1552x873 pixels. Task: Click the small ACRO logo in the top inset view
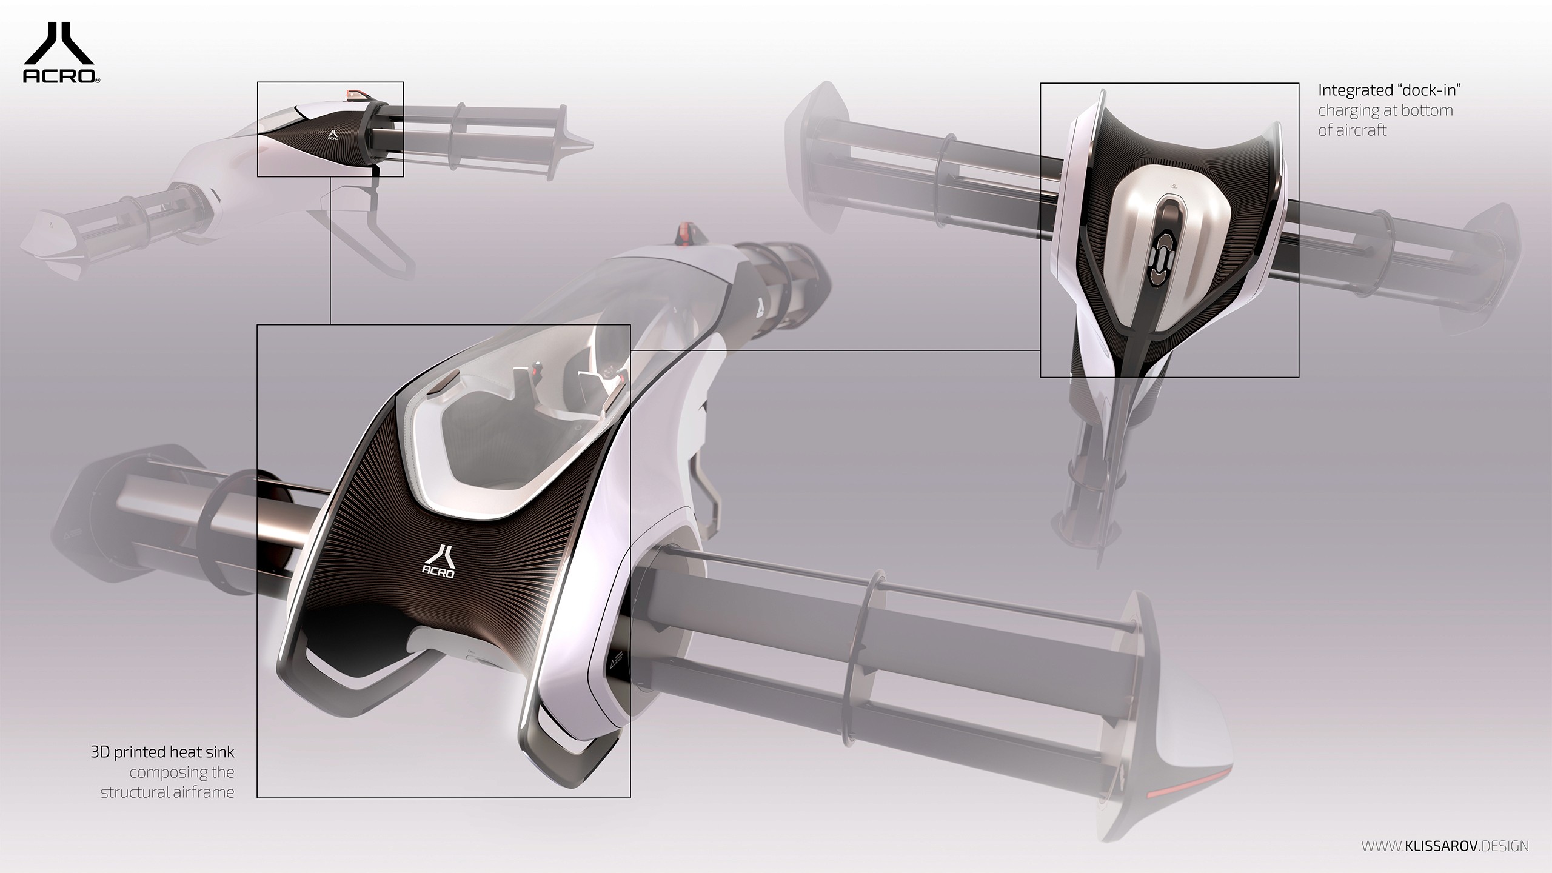[332, 134]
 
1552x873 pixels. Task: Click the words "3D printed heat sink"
[162, 752]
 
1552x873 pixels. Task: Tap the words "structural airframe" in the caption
[167, 792]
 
